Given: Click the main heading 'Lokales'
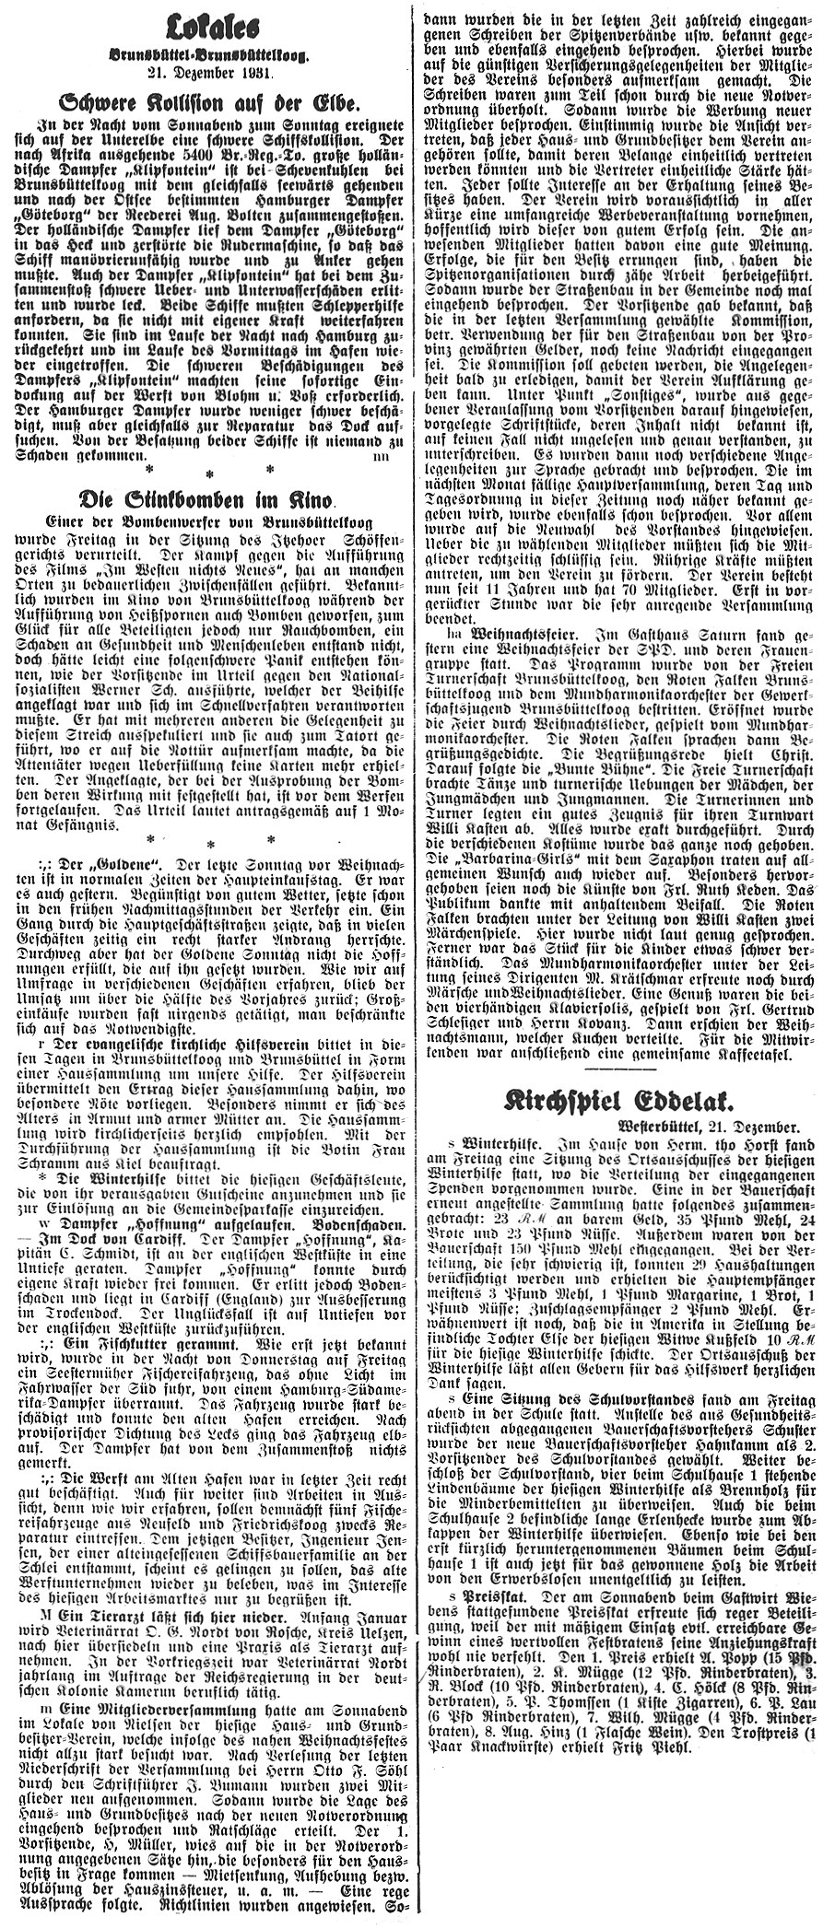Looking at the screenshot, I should click(x=208, y=20).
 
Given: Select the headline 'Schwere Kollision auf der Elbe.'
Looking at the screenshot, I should click(x=208, y=103).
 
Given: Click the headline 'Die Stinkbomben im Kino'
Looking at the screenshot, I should click(x=208, y=500).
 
